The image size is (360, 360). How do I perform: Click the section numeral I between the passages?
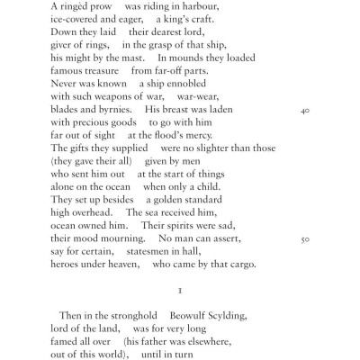tap(180, 343)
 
